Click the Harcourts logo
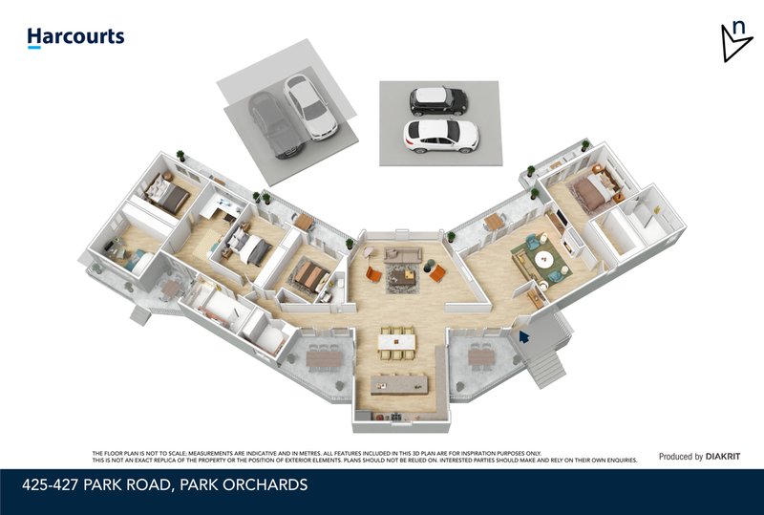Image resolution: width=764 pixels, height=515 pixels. (75, 37)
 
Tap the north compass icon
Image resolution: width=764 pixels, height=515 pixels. (735, 41)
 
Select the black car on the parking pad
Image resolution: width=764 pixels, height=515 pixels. (438, 100)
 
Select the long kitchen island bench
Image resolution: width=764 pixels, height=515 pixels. (398, 385)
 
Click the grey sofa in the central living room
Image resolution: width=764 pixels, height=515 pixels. (403, 254)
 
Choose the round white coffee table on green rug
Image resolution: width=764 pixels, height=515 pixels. (544, 258)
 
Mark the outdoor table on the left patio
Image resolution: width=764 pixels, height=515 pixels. (322, 357)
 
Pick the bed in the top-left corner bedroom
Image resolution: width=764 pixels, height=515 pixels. (169, 196)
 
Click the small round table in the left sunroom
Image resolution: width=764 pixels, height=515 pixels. (172, 288)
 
